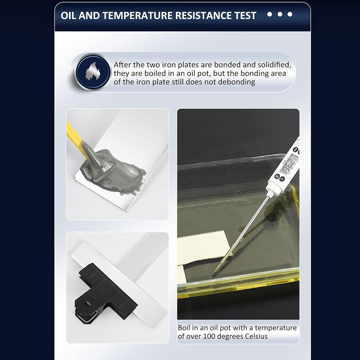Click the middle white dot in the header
point(280,14)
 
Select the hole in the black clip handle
point(87,304)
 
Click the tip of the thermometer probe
point(212,275)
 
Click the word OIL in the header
point(68,15)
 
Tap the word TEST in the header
point(245,15)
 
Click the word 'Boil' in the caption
point(184,328)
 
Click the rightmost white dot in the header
point(290,14)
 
